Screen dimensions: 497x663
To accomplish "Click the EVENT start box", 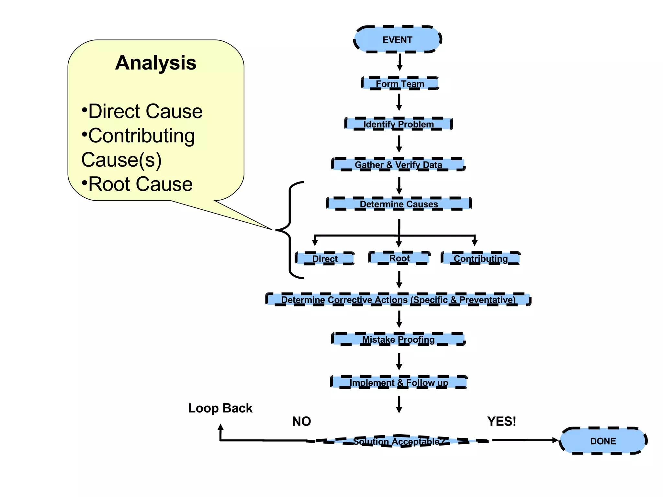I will tap(398, 39).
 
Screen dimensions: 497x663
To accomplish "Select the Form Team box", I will tap(400, 83).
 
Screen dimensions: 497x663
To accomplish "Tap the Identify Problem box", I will tap(399, 124).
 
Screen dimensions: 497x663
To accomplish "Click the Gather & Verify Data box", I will tap(399, 165).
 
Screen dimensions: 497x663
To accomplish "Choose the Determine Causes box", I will tap(399, 204).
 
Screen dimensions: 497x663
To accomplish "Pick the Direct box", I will tap(325, 259).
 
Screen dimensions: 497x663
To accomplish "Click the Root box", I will tap(399, 258).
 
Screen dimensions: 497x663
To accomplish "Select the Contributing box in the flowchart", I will tap(481, 259).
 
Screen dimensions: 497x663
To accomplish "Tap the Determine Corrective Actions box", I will tap(398, 300).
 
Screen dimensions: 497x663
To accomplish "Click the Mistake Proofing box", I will tap(399, 339).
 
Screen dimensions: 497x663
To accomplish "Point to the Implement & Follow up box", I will tap(399, 382).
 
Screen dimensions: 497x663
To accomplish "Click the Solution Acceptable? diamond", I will tap(399, 441).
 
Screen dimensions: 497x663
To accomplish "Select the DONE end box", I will tap(603, 441).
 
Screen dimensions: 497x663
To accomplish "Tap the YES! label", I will tap(501, 421).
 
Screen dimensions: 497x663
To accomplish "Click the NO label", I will tap(301, 421).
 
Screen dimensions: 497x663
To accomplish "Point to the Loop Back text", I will tap(220, 408).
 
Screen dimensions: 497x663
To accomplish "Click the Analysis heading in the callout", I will tap(156, 62).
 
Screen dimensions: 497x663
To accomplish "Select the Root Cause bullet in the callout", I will tap(137, 184).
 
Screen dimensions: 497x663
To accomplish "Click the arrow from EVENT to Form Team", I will tap(400, 62).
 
